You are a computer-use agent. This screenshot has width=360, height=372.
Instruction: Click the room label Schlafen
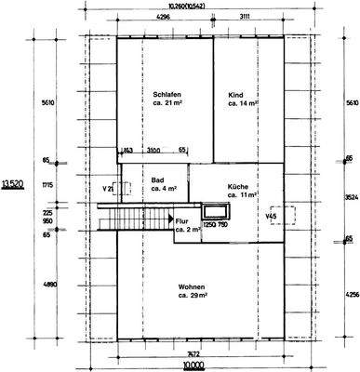tap(167, 95)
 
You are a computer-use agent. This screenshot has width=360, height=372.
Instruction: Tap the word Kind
tap(236, 95)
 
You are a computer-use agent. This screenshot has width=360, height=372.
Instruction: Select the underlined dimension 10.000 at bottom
tap(193, 366)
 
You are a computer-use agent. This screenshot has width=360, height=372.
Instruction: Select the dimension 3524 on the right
tap(350, 197)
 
